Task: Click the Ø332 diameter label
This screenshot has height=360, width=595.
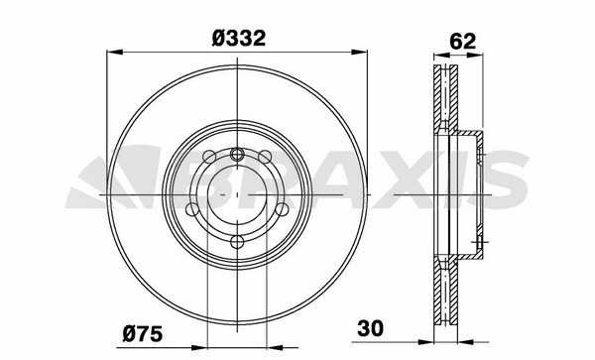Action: [239, 39]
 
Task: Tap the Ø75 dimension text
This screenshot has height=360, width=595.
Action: [142, 334]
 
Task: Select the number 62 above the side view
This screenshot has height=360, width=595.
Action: [462, 42]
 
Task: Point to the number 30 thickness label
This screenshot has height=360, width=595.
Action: [370, 328]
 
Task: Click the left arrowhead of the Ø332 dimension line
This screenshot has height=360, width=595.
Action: [115, 52]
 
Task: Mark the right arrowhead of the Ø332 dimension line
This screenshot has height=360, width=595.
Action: [359, 52]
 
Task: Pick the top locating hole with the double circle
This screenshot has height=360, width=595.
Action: [237, 154]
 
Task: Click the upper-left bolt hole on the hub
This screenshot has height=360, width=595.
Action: [209, 157]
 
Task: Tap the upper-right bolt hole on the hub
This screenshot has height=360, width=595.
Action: [265, 157]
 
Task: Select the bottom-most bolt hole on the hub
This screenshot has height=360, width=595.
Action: [237, 242]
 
